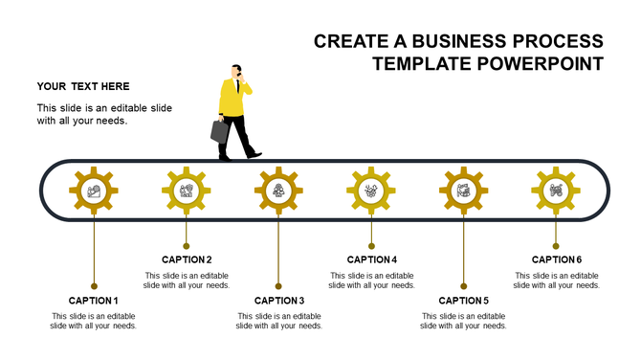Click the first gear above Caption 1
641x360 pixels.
tap(94, 191)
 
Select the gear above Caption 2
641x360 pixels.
tap(186, 191)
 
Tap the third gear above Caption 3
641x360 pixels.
tap(278, 191)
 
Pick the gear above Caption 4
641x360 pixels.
tap(371, 191)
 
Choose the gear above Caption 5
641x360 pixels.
tap(463, 191)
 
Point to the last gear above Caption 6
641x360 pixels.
tap(556, 191)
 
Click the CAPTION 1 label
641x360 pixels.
tap(94, 301)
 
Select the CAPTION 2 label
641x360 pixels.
tap(187, 259)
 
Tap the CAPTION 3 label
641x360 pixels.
tap(279, 301)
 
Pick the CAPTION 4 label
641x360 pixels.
tap(371, 259)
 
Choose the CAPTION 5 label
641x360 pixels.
tap(464, 301)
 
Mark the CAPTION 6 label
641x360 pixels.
tap(557, 259)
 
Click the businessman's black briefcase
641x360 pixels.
tap(220, 131)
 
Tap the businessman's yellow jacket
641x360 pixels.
tap(231, 99)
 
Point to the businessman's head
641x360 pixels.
tap(235, 72)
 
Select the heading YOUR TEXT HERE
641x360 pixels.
tap(84, 86)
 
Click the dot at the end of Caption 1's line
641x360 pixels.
tap(94, 285)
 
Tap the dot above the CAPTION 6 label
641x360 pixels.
tap(556, 245)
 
